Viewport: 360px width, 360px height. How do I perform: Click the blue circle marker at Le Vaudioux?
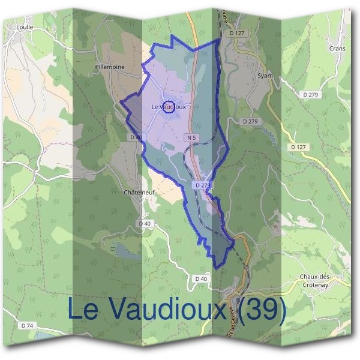169,107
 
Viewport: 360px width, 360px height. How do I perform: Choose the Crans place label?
337,48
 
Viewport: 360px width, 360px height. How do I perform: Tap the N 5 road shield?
191,138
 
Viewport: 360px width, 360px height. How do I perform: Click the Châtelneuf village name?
136,193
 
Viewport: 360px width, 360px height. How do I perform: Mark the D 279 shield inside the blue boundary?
203,185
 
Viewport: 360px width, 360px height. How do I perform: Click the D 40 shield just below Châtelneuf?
145,224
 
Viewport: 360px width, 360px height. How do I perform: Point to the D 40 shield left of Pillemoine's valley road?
135,137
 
